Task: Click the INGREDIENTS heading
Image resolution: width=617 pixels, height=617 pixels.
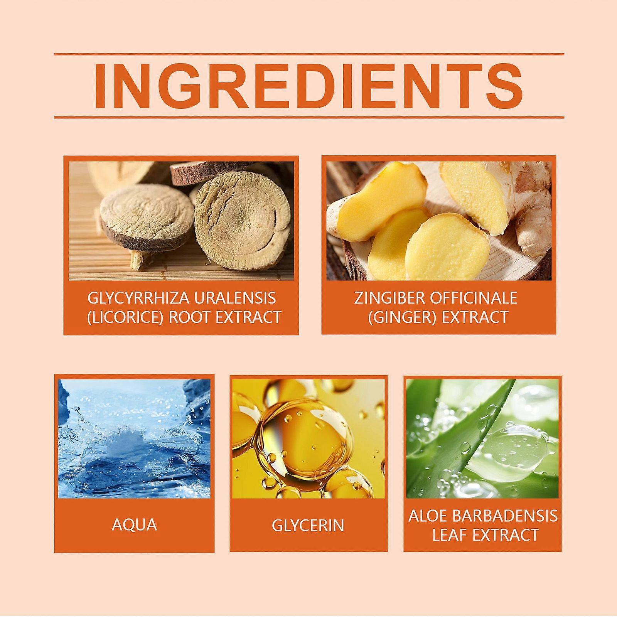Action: click(x=308, y=86)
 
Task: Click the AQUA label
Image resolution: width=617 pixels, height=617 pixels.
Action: click(x=135, y=525)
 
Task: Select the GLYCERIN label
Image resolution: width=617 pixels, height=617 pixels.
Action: click(x=308, y=525)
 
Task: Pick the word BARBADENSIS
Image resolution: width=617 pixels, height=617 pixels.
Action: click(x=506, y=516)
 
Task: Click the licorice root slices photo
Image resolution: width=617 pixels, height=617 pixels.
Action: click(x=181, y=221)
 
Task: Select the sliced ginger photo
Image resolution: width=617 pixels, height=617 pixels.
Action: click(x=439, y=221)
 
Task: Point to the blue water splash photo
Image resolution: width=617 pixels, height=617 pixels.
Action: click(x=135, y=438)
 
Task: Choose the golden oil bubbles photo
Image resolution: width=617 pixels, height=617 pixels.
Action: click(x=308, y=438)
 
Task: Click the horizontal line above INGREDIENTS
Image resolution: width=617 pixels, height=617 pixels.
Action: click(x=309, y=54)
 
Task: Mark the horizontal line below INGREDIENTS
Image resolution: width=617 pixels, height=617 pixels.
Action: click(x=309, y=117)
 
